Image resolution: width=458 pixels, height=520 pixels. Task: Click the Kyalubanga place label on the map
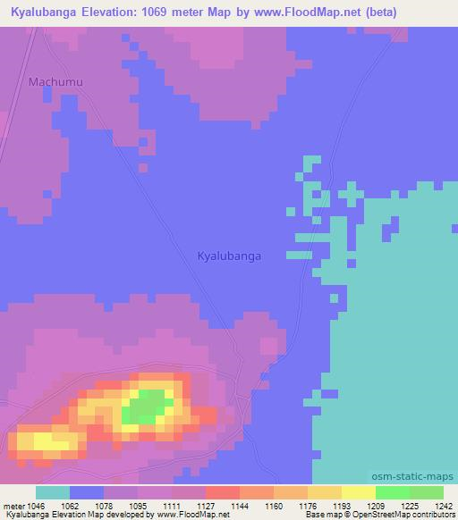229,256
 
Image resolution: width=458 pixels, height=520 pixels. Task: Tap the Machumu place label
55,82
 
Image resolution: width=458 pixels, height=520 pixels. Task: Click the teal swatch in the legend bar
52,492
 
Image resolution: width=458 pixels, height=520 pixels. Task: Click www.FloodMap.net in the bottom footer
193,515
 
